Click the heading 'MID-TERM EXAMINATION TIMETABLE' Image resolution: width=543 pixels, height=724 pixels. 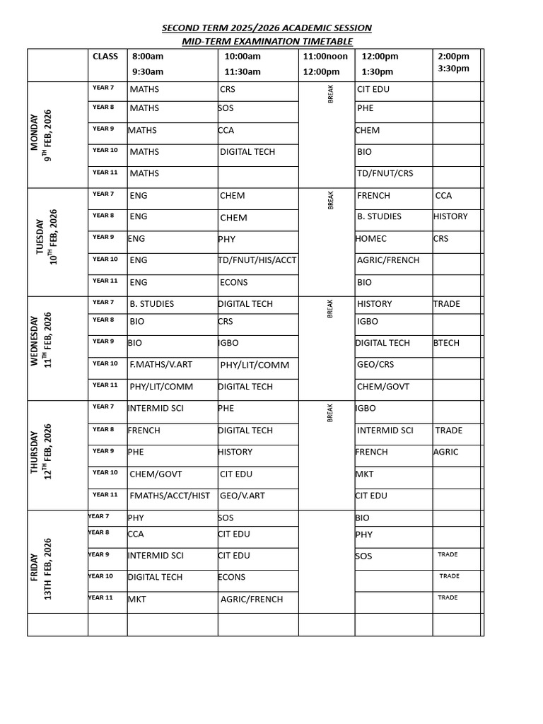coord(267,41)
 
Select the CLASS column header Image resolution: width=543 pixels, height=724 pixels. coord(105,56)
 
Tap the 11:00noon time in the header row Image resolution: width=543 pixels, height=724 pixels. coord(325,56)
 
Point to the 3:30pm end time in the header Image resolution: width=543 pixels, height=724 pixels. coord(453,69)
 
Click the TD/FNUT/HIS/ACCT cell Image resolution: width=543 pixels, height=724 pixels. coord(257,260)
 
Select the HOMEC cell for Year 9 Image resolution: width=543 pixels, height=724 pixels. coord(371,239)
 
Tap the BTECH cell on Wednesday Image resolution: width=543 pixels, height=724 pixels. coord(446,343)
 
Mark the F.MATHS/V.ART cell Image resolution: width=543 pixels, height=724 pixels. coord(160,365)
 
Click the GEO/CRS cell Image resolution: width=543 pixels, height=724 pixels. coord(375,365)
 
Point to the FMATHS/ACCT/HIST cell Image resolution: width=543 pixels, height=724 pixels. coord(170,496)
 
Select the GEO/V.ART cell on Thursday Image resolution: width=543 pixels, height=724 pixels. coord(243,496)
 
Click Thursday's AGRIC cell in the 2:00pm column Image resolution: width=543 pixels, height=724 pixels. coord(446,452)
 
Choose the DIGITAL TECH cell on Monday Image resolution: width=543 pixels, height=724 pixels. coord(247,152)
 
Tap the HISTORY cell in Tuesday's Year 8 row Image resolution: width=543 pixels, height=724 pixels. coord(450,216)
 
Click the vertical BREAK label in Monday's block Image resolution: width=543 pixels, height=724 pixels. coord(330,94)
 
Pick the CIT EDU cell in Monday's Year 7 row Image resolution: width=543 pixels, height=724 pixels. coord(373,89)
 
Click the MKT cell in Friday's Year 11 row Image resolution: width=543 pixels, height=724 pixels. coord(137,599)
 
